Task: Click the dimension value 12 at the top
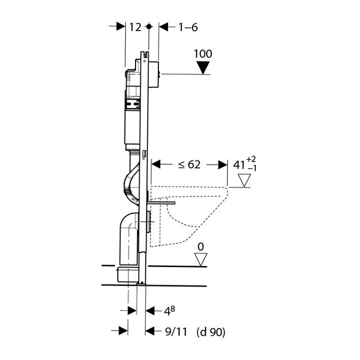(135, 27)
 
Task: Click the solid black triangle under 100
(203, 67)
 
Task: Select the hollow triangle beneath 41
(245, 180)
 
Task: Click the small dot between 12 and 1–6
(148, 26)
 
